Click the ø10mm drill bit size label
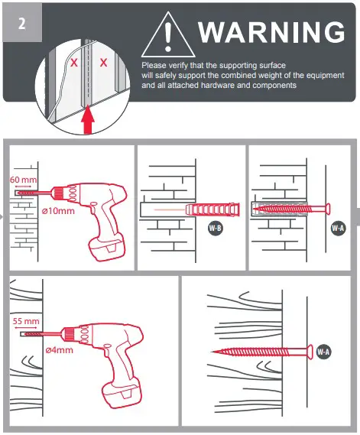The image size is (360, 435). coord(58,210)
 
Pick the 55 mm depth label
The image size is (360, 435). coord(28,321)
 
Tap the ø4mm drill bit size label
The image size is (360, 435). coord(60,350)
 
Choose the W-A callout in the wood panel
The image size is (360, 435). coord(323,352)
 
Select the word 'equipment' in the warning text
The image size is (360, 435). coord(312,75)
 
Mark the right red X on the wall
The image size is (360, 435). coord(103,62)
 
